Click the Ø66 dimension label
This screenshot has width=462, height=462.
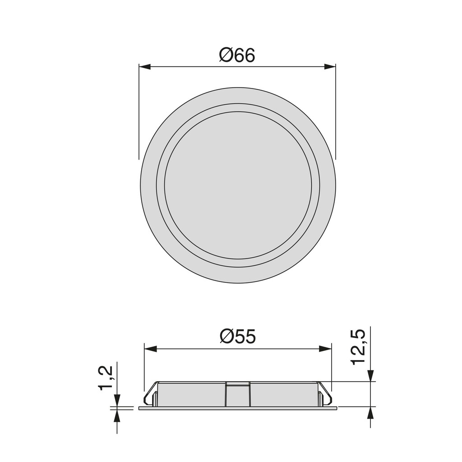[x=237, y=55]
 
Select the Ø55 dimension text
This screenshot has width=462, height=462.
[x=238, y=337]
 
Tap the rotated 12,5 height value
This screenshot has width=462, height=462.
[x=358, y=346]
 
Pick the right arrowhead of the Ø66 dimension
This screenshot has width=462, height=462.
[x=330, y=67]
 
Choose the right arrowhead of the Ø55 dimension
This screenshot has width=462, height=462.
[x=326, y=349]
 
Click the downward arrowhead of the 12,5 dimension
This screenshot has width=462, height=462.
[x=370, y=376]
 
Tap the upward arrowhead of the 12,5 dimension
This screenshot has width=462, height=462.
[x=370, y=412]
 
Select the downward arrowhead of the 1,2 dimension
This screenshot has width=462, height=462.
[x=117, y=400]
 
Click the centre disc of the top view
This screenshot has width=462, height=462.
[x=238, y=185]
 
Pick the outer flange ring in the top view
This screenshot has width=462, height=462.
[x=148, y=185]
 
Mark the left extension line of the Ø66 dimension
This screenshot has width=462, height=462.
[x=139, y=113]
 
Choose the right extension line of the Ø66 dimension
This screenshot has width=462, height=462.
[x=336, y=113]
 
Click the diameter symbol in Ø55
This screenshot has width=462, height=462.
[x=226, y=337]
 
